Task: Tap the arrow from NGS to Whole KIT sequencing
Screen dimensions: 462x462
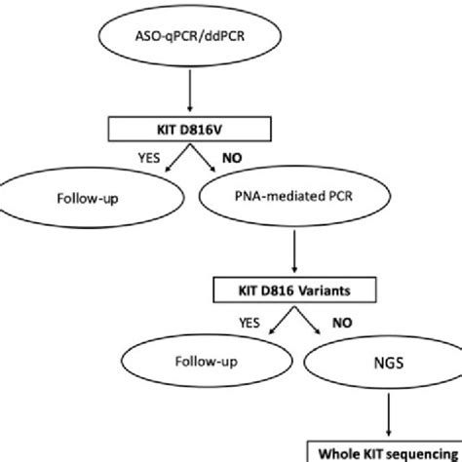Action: pos(380,419)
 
